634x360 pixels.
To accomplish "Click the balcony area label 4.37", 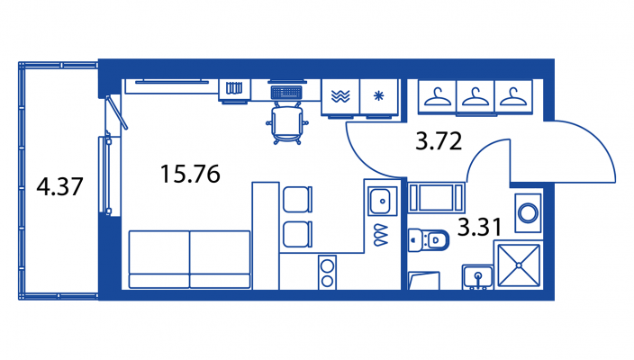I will pyautogui.click(x=59, y=188).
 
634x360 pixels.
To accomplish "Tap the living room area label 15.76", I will pyautogui.click(x=190, y=173).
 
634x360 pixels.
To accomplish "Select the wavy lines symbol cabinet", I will pyautogui.click(x=340, y=96).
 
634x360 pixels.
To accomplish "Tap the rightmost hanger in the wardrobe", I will pyautogui.click(x=512, y=95).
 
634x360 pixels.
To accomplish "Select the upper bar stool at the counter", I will pyautogui.click(x=296, y=200).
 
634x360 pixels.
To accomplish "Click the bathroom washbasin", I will pyautogui.click(x=478, y=276).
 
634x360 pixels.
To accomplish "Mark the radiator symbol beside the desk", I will pyautogui.click(x=235, y=89).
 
